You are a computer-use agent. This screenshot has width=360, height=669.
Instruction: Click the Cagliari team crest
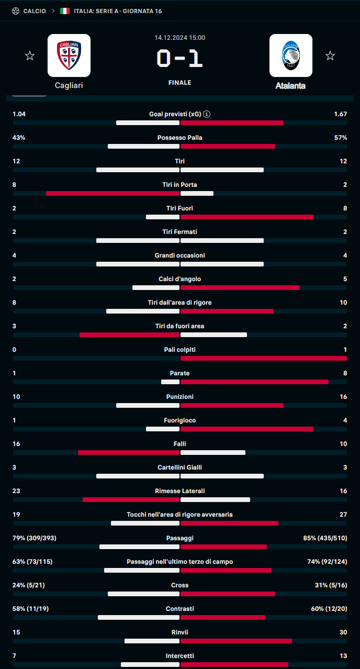pyautogui.click(x=69, y=55)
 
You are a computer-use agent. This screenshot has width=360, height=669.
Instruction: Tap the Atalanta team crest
pyautogui.click(x=290, y=55)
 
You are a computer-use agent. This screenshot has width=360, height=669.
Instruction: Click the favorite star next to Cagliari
pyautogui.click(x=30, y=55)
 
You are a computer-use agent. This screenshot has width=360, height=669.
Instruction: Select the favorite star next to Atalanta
pyautogui.click(x=330, y=55)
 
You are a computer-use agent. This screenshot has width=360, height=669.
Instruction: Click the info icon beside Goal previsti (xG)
pyautogui.click(x=207, y=114)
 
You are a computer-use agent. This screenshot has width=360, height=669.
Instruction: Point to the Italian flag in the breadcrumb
pyautogui.click(x=65, y=11)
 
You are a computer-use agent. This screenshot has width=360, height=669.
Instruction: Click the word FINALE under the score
pyautogui.click(x=179, y=83)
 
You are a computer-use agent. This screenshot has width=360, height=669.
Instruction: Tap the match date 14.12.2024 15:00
pyautogui.click(x=179, y=38)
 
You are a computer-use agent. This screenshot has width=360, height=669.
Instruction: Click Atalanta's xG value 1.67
pyautogui.click(x=340, y=114)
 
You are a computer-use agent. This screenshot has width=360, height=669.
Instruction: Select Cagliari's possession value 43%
pyautogui.click(x=19, y=138)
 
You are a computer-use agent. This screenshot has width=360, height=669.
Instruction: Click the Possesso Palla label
pyautogui.click(x=179, y=138)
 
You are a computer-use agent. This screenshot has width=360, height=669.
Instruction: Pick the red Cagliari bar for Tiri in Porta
pyautogui.click(x=113, y=193)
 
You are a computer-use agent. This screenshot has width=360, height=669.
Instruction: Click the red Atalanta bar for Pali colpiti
pyautogui.click(x=263, y=358)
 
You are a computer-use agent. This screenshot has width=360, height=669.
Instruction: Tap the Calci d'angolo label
pyautogui.click(x=179, y=279)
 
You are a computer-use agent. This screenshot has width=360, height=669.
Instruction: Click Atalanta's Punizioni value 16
pyautogui.click(x=343, y=397)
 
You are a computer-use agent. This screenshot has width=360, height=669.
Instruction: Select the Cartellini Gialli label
pyautogui.click(x=179, y=467)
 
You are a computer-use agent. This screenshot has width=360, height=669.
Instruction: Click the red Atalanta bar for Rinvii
pyautogui.click(x=236, y=641)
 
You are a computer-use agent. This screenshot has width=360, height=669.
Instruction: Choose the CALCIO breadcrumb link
pyautogui.click(x=35, y=11)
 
